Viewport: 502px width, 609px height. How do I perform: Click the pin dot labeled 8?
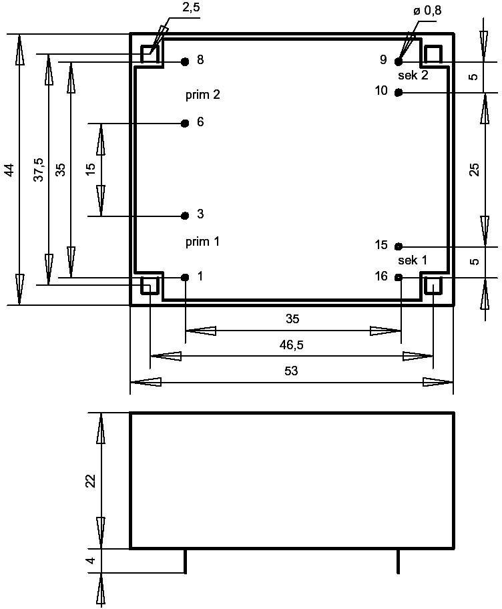point(185,61)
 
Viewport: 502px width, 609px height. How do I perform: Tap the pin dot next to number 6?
point(185,123)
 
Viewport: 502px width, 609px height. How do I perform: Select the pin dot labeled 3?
point(185,215)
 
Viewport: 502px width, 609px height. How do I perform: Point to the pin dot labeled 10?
point(399,92)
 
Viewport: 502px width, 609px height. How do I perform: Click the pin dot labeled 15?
point(399,246)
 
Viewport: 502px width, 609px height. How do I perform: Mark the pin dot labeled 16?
point(399,277)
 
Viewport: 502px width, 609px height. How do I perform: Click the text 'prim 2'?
point(203,95)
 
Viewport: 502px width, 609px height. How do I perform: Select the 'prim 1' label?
point(202,242)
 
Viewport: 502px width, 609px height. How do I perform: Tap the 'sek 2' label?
point(413,75)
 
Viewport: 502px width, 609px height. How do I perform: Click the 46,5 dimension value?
point(292,345)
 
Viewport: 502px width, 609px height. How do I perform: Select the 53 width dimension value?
point(291,371)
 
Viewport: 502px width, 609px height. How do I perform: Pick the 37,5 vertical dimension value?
point(38,170)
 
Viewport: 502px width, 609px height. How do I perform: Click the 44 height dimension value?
point(9,170)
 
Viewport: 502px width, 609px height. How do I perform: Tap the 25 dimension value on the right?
point(474,170)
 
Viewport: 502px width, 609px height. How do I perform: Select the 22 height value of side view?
point(91,480)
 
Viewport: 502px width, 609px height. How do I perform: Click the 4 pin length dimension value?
point(91,560)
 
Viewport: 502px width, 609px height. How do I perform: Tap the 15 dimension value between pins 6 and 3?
point(91,170)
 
